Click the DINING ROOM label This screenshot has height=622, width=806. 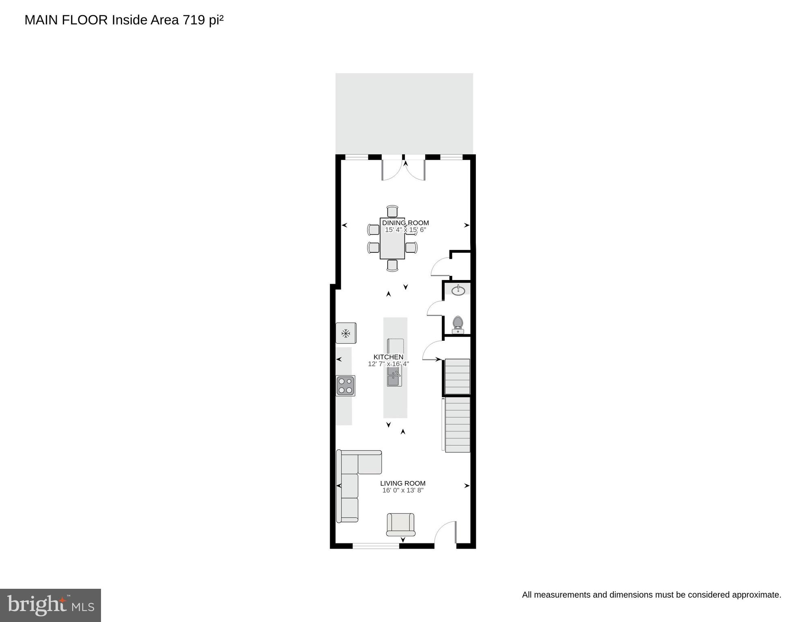click(405, 223)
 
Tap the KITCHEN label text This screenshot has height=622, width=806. click(388, 357)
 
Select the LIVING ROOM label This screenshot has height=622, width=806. click(403, 483)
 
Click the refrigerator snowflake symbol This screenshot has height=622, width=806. click(346, 333)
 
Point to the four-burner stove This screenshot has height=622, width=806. click(346, 386)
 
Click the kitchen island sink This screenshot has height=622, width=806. click(394, 377)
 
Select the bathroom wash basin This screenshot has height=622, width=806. click(458, 290)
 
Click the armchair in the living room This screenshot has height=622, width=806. click(401, 524)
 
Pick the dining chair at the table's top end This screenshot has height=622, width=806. click(392, 212)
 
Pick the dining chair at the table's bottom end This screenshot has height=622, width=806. click(392, 265)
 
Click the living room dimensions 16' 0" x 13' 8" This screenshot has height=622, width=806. click(403, 490)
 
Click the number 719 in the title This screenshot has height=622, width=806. click(194, 20)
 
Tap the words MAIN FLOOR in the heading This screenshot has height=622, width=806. click(66, 20)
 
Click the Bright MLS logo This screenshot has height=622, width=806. click(50, 605)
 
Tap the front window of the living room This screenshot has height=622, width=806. click(376, 546)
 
